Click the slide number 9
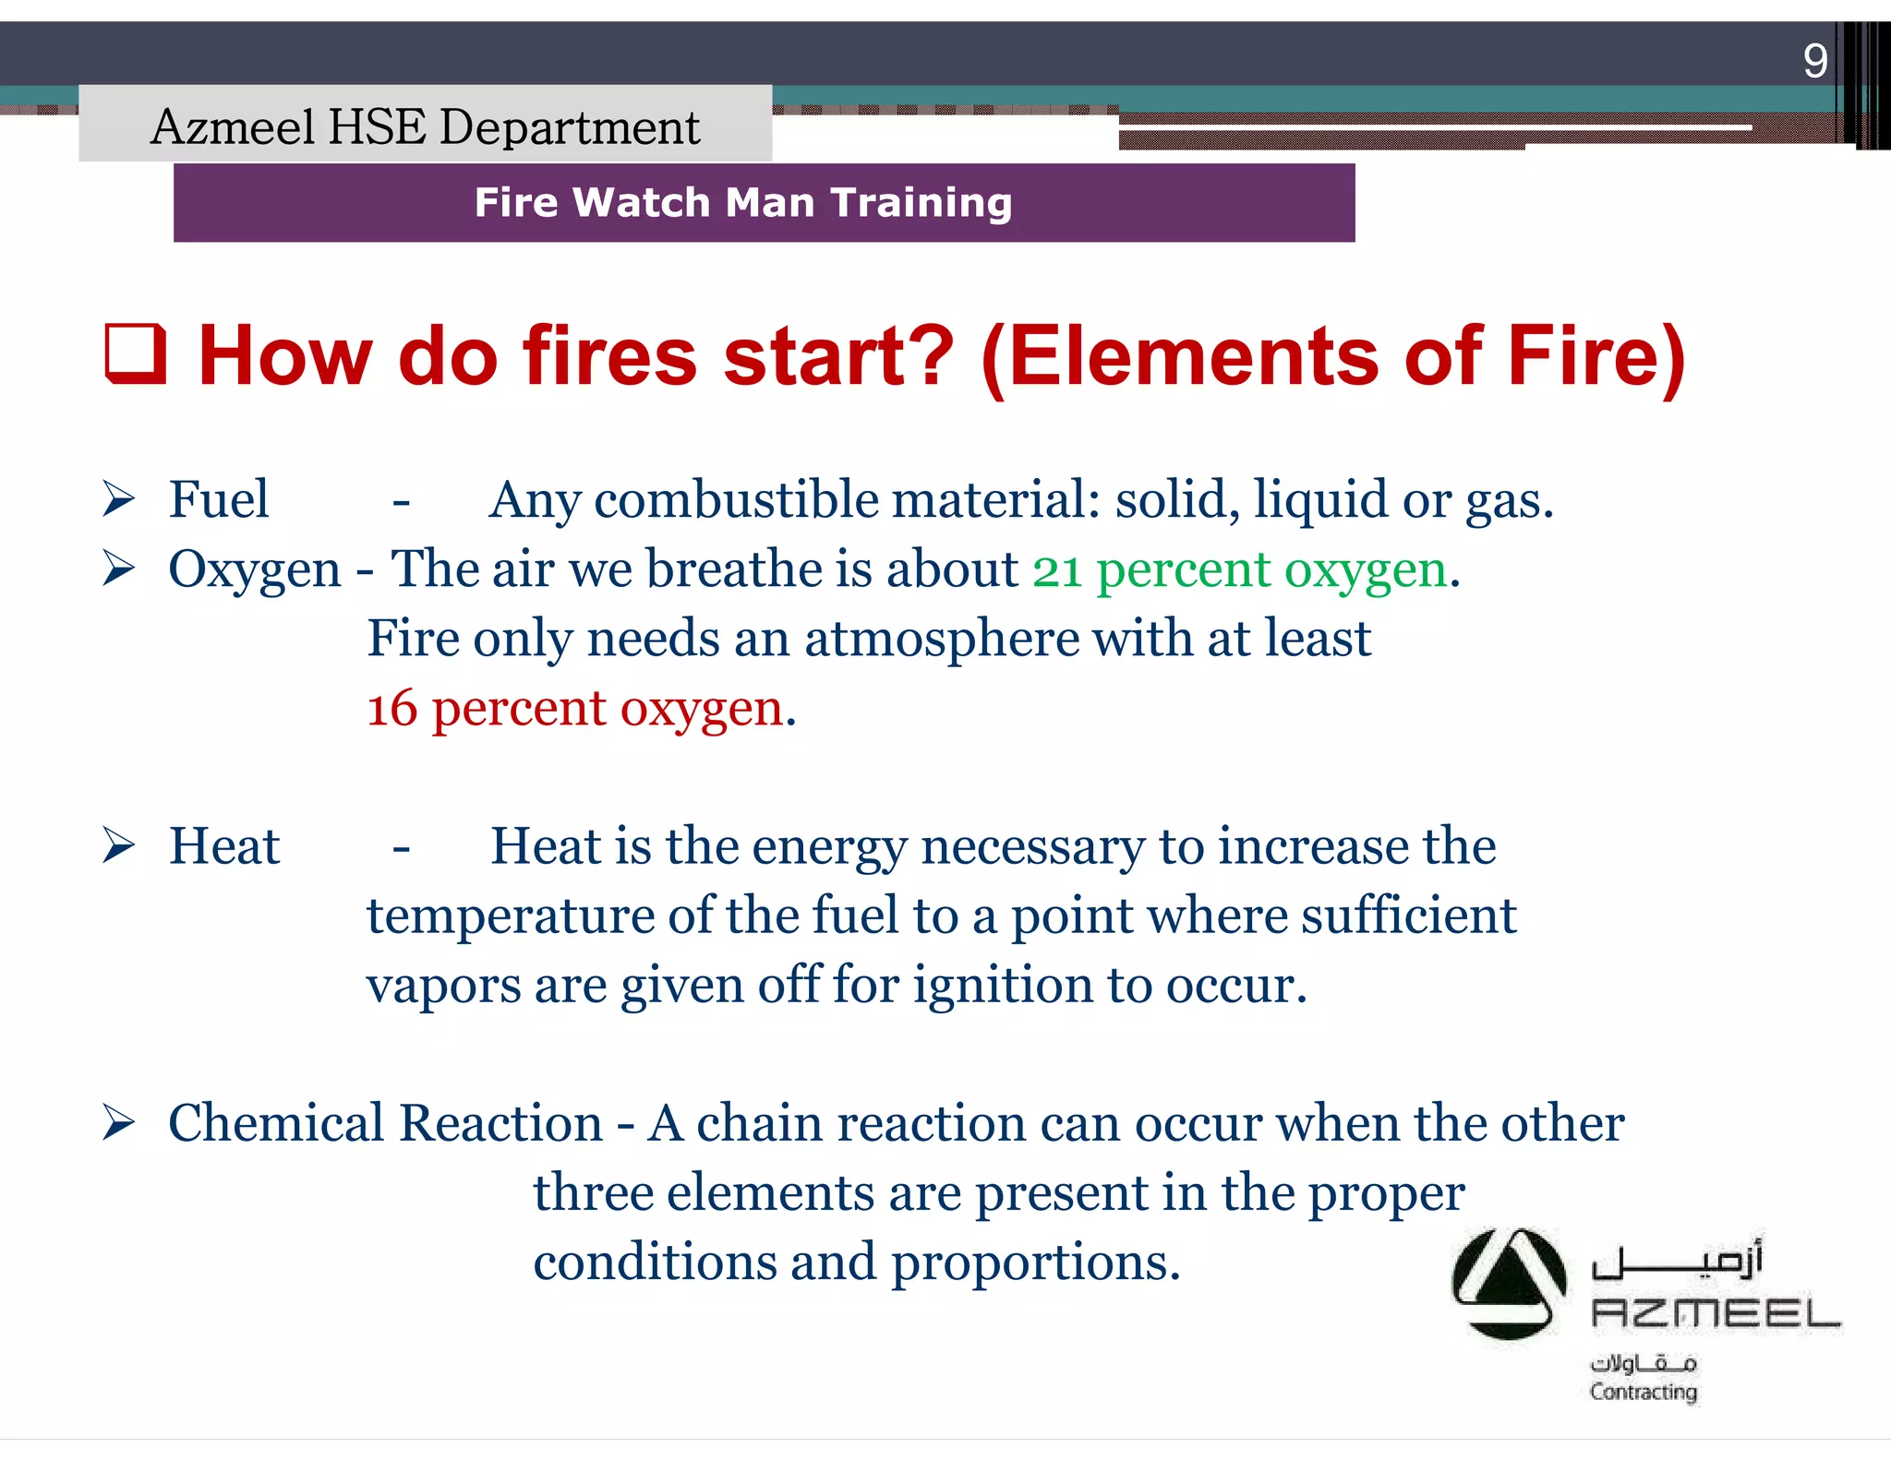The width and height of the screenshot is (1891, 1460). [x=1814, y=62]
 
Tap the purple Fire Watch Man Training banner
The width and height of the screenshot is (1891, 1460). [x=763, y=203]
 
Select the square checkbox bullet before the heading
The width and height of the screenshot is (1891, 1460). [x=136, y=354]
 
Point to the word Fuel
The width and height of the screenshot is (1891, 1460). [x=219, y=500]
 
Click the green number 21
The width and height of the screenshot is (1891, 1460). [x=1057, y=570]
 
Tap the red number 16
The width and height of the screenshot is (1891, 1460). [x=392, y=710]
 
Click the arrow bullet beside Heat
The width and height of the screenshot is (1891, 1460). [x=119, y=845]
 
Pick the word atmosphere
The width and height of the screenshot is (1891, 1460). [x=941, y=640]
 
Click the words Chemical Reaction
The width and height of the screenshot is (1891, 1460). [x=385, y=1124]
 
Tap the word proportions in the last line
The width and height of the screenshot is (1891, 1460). [x=1034, y=1263]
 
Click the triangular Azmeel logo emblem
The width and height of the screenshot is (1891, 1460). [x=1509, y=1285]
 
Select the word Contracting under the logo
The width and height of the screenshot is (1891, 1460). [x=1643, y=1391]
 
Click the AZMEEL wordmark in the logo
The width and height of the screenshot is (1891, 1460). [x=1715, y=1313]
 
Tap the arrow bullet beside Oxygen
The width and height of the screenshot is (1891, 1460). [x=119, y=568]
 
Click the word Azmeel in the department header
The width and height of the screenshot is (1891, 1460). [x=233, y=127]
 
